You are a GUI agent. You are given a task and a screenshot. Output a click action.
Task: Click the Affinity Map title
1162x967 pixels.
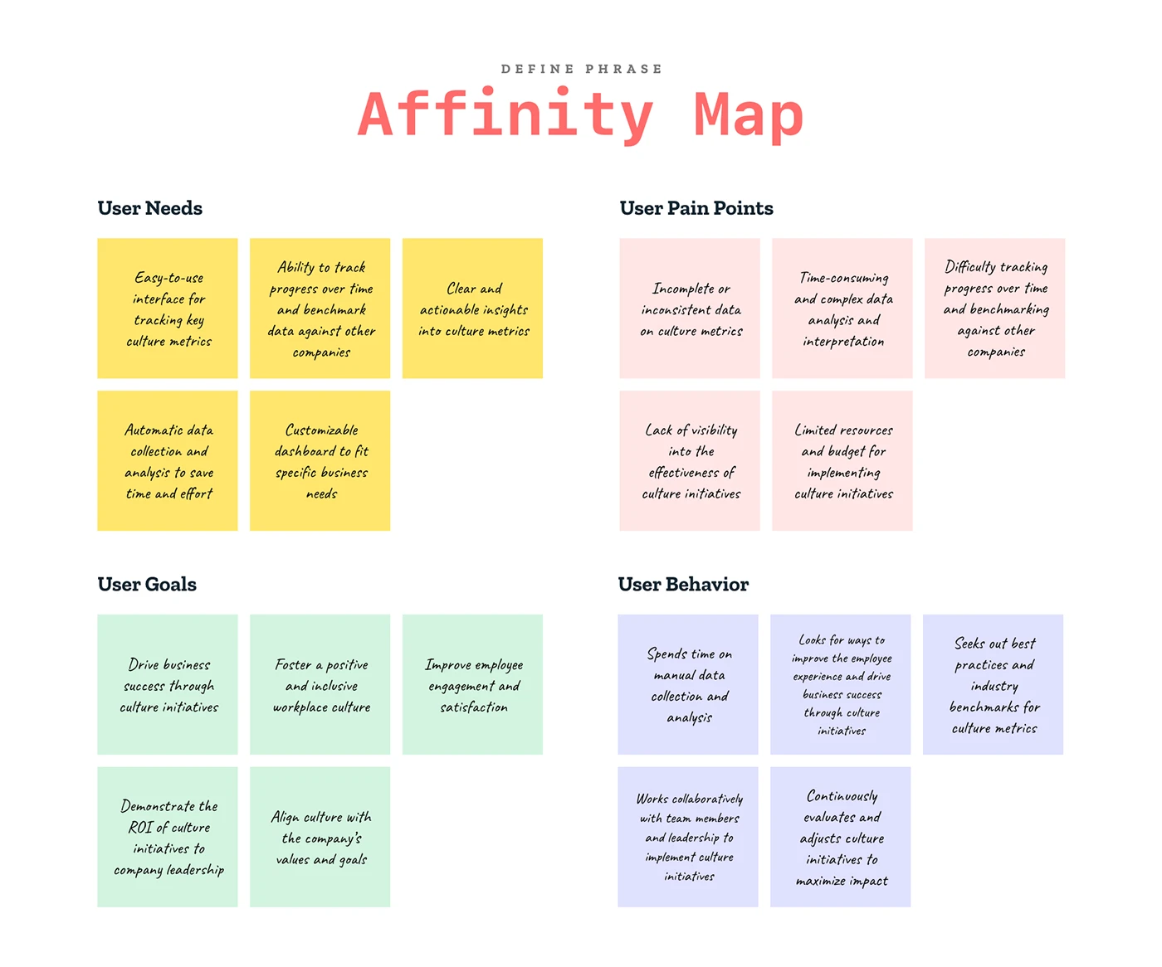coord(580,115)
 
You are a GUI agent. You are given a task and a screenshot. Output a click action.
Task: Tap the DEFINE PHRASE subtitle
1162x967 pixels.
coord(581,69)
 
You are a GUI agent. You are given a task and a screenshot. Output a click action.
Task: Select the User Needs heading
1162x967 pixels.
coord(149,208)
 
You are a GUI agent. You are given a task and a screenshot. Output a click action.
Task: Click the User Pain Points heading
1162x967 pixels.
coord(696,208)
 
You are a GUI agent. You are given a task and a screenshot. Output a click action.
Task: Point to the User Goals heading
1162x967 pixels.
coord(147,584)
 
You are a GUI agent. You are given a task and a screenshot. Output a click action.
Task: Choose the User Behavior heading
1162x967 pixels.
coord(683,584)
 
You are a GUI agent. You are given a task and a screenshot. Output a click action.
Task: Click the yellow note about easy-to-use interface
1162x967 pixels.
coord(168,308)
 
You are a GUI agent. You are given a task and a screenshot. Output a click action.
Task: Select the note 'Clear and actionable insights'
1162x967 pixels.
coord(472,308)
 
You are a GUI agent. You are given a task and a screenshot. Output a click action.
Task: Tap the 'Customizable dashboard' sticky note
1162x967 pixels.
coord(320,460)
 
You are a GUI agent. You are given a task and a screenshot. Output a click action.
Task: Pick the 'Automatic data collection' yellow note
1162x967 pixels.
coord(168,460)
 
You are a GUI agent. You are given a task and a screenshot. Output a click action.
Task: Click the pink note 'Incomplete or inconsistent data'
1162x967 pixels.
coord(690,308)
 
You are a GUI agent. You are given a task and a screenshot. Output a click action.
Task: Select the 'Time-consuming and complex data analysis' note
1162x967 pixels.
coord(842,308)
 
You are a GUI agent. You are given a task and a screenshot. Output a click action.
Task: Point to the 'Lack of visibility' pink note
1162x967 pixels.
coord(690,460)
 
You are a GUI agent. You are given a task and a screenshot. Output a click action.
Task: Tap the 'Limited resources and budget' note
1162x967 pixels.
coord(842,460)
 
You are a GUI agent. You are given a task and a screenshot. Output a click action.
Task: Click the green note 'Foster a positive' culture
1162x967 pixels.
coord(320,684)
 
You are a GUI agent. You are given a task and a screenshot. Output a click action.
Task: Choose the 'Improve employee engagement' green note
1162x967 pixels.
coord(472,684)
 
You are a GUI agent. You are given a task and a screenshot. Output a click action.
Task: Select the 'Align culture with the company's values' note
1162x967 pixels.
coord(320,836)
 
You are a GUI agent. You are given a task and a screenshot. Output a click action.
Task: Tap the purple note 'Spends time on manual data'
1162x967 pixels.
coord(688,684)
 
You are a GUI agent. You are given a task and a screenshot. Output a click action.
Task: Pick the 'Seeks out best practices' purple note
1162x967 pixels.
coord(993,684)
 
